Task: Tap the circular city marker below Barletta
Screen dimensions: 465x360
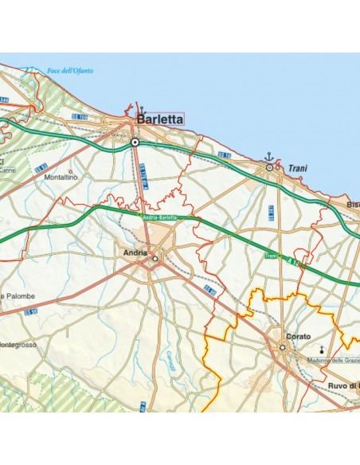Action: (x=135, y=142)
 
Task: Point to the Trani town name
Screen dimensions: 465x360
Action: (x=298, y=169)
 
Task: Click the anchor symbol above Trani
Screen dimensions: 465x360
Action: (x=269, y=157)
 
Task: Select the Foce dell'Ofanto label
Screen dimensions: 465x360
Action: (x=70, y=71)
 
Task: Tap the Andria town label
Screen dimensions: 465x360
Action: (x=135, y=252)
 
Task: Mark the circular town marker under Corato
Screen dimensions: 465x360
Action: (x=282, y=347)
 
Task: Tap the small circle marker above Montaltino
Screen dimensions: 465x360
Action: (x=70, y=170)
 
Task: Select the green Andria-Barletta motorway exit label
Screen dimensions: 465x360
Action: (x=159, y=217)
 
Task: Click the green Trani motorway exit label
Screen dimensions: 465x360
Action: (x=271, y=256)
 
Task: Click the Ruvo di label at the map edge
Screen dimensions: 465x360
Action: (x=343, y=386)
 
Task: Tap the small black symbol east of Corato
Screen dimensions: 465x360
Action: (x=323, y=349)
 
